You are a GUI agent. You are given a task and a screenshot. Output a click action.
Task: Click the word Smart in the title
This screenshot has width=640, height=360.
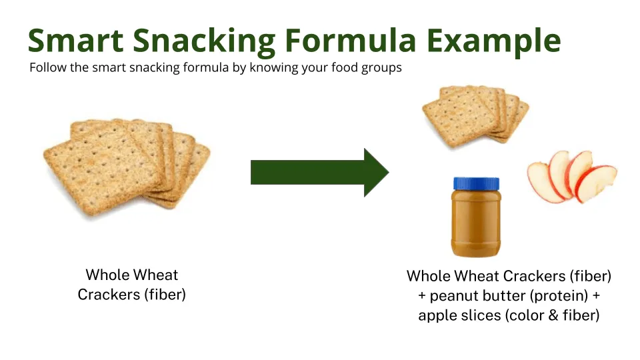click(x=75, y=40)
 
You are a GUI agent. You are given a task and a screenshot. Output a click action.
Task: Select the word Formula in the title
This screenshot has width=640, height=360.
click(x=350, y=40)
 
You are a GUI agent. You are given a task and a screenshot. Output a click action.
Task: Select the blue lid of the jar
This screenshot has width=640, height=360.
click(x=476, y=184)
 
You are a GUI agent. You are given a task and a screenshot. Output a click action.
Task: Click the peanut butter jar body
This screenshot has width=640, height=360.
click(x=476, y=224)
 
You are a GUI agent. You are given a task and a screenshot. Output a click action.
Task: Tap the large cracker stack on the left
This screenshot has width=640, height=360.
click(x=127, y=167)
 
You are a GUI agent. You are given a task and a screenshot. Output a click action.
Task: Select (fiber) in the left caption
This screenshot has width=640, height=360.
click(x=165, y=295)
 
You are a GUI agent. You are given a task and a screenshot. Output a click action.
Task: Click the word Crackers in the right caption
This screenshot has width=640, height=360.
click(x=534, y=276)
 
